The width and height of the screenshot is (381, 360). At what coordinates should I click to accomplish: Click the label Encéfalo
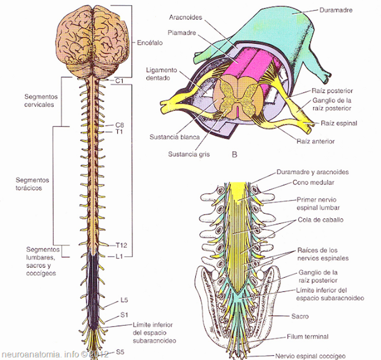click(150, 43)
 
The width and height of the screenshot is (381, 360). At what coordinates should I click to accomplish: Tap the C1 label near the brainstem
click(119, 81)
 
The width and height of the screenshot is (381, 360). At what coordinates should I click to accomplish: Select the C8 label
click(120, 125)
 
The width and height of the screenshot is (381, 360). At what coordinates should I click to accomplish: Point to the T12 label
click(121, 245)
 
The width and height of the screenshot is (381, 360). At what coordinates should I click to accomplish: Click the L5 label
click(124, 300)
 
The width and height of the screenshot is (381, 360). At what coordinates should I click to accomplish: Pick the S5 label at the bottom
click(120, 352)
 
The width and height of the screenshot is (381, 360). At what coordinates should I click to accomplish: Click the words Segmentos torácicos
click(32, 184)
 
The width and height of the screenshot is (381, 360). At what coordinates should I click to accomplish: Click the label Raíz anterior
click(316, 141)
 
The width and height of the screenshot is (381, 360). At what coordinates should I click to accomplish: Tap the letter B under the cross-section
click(234, 154)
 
